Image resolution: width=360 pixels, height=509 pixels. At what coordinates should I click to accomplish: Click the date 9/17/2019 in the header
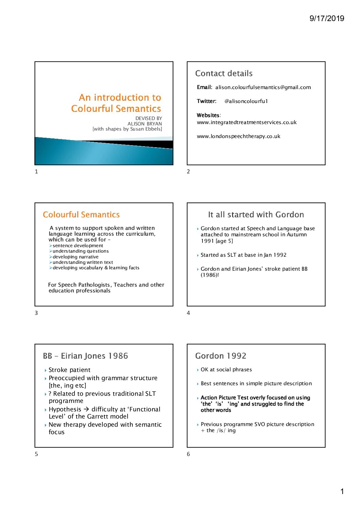[327, 18]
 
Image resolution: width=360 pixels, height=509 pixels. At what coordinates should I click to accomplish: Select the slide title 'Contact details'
[224, 73]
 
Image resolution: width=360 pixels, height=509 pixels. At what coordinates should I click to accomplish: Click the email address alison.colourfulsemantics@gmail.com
[263, 87]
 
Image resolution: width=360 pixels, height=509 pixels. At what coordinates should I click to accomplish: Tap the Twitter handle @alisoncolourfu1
[246, 101]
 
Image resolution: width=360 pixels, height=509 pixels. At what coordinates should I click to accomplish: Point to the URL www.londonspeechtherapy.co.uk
[239, 136]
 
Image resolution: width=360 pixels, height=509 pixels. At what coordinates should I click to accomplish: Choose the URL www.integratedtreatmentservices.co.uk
[247, 122]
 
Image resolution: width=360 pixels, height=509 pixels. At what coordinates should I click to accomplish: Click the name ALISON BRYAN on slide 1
[145, 124]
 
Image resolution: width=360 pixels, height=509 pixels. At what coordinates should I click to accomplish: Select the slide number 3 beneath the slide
[36, 313]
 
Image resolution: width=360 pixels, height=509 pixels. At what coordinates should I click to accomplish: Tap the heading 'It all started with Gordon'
[256, 215]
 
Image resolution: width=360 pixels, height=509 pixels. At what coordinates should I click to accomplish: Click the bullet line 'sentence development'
[78, 245]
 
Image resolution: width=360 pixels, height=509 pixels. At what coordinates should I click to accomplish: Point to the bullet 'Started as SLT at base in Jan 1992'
[243, 255]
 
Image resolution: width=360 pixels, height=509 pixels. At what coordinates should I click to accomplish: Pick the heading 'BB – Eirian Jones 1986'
[85, 356]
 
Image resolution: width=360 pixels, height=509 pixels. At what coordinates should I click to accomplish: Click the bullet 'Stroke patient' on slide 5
[69, 370]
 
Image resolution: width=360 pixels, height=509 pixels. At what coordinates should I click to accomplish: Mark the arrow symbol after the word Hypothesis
[86, 409]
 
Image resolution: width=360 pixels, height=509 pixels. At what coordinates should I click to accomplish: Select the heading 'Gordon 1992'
[220, 356]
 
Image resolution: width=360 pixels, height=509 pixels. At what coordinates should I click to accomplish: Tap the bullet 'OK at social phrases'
[226, 370]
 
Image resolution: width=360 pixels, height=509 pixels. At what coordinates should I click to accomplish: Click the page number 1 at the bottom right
[342, 491]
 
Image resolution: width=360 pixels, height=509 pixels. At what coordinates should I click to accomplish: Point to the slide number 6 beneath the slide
[189, 454]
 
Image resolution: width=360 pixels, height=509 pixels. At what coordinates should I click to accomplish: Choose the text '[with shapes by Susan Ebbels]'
[127, 129]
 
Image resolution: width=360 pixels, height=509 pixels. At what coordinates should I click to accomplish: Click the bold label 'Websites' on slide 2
[208, 115]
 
